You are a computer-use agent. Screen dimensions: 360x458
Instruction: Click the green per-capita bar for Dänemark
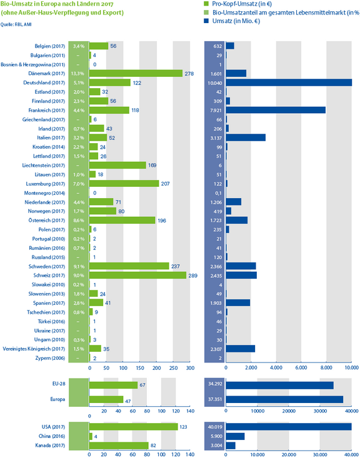136,74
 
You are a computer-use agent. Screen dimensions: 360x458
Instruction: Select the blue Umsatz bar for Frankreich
276,110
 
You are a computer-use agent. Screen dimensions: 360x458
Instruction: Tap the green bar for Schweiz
137,275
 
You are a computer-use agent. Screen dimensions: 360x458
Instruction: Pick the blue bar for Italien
246,137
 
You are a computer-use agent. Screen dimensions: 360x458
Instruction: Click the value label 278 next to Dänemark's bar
189,74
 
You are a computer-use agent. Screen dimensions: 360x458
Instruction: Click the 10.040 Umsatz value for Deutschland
214,83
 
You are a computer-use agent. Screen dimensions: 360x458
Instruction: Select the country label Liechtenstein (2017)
44,166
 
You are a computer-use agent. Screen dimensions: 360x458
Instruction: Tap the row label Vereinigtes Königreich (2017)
34,349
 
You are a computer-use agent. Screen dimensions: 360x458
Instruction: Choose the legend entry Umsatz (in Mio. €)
232,21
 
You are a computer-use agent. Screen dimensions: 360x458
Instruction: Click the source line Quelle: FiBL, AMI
16,24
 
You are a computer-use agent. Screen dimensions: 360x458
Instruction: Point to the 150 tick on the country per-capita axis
139,368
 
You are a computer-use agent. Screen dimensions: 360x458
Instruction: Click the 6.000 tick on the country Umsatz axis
301,368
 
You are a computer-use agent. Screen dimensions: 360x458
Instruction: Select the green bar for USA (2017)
134,427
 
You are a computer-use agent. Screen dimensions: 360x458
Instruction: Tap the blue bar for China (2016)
235,436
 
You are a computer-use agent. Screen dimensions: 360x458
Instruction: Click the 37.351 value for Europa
214,399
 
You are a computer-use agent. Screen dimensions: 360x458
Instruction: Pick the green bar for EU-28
113,385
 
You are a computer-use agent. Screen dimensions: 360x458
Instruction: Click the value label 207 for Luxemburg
165,184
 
